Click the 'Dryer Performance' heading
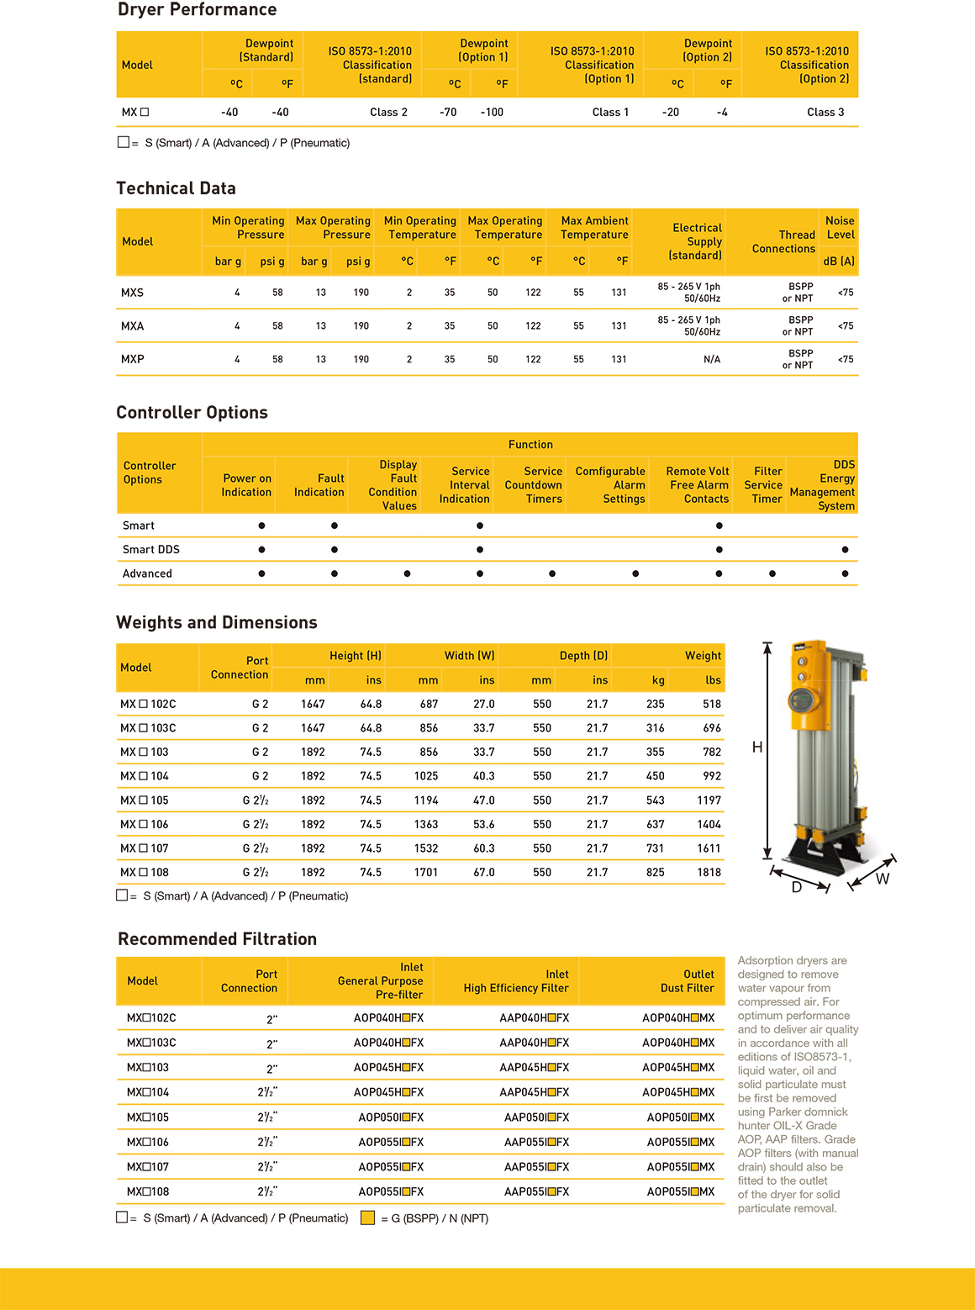click(x=197, y=10)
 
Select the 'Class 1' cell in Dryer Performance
click(x=610, y=112)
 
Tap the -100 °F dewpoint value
click(x=492, y=112)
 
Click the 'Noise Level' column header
click(x=839, y=228)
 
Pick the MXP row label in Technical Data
click(x=133, y=359)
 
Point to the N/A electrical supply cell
click(x=711, y=359)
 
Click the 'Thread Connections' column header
click(x=783, y=241)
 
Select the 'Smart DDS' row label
click(x=151, y=549)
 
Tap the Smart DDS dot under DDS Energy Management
click(x=845, y=549)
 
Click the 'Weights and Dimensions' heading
click(x=217, y=622)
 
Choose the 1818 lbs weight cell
click(x=709, y=872)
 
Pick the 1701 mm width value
click(x=426, y=872)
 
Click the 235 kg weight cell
click(x=656, y=704)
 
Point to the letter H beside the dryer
click(x=757, y=747)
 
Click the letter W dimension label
click(x=883, y=879)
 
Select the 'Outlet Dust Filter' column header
click(x=687, y=981)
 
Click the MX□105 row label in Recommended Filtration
click(x=148, y=1117)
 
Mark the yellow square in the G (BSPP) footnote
click(x=367, y=1218)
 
